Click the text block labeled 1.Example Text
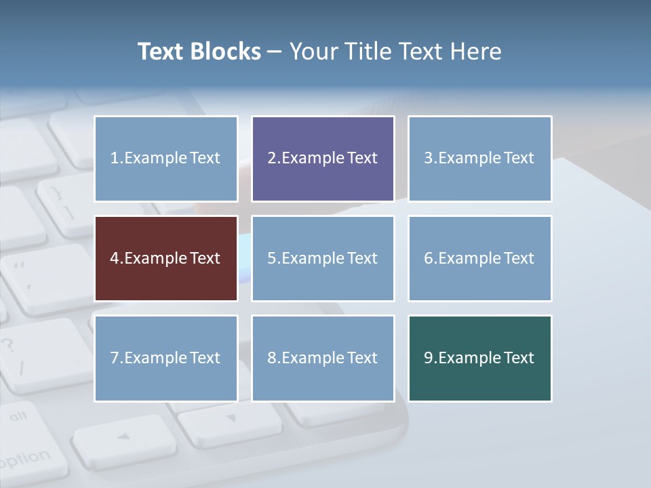[x=166, y=159]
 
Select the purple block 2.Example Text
[x=323, y=159]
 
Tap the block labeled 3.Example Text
[x=479, y=159]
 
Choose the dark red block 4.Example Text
[x=166, y=258]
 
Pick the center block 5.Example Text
[x=323, y=258]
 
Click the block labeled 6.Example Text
[x=479, y=258]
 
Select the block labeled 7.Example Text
[x=166, y=358]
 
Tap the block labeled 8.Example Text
[x=323, y=358]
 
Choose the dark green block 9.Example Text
[x=479, y=358]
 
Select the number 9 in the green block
[x=429, y=358]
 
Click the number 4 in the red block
[x=115, y=258]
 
